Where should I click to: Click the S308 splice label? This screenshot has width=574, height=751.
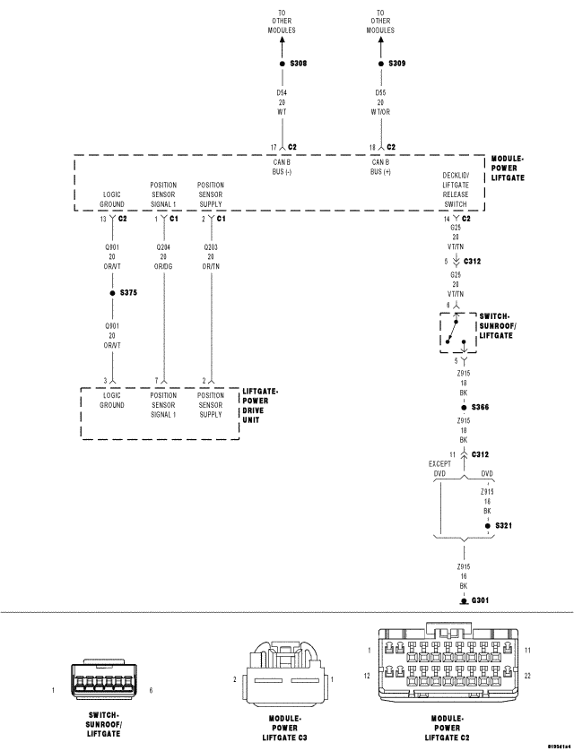tap(300, 65)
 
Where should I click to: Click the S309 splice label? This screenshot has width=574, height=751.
tap(397, 65)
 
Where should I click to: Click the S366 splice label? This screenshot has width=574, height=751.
tap(481, 407)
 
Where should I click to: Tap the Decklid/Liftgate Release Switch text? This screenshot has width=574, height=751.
tap(460, 190)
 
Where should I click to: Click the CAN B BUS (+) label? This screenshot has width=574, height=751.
tap(383, 167)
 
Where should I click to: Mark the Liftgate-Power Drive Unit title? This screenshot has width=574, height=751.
tap(261, 405)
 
